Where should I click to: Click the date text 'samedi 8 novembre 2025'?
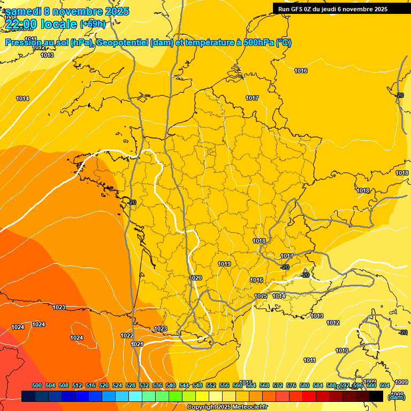point(67,11)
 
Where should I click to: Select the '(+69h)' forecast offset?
point(93,24)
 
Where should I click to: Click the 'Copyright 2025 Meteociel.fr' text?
point(227,407)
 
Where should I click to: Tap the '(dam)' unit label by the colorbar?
point(396,397)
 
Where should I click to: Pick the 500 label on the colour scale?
point(37,385)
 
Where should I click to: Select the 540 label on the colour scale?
point(171,385)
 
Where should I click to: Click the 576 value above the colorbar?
point(291,385)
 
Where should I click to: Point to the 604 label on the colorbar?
point(385,385)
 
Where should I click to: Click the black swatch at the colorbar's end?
point(376,397)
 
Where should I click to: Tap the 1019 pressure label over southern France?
point(224,264)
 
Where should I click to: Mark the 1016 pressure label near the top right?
point(301,71)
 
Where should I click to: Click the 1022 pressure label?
point(127,336)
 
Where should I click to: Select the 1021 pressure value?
point(137,344)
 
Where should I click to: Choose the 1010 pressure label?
point(342,351)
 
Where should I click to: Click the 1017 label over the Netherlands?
point(252,98)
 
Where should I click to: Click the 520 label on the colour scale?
point(104,385)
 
